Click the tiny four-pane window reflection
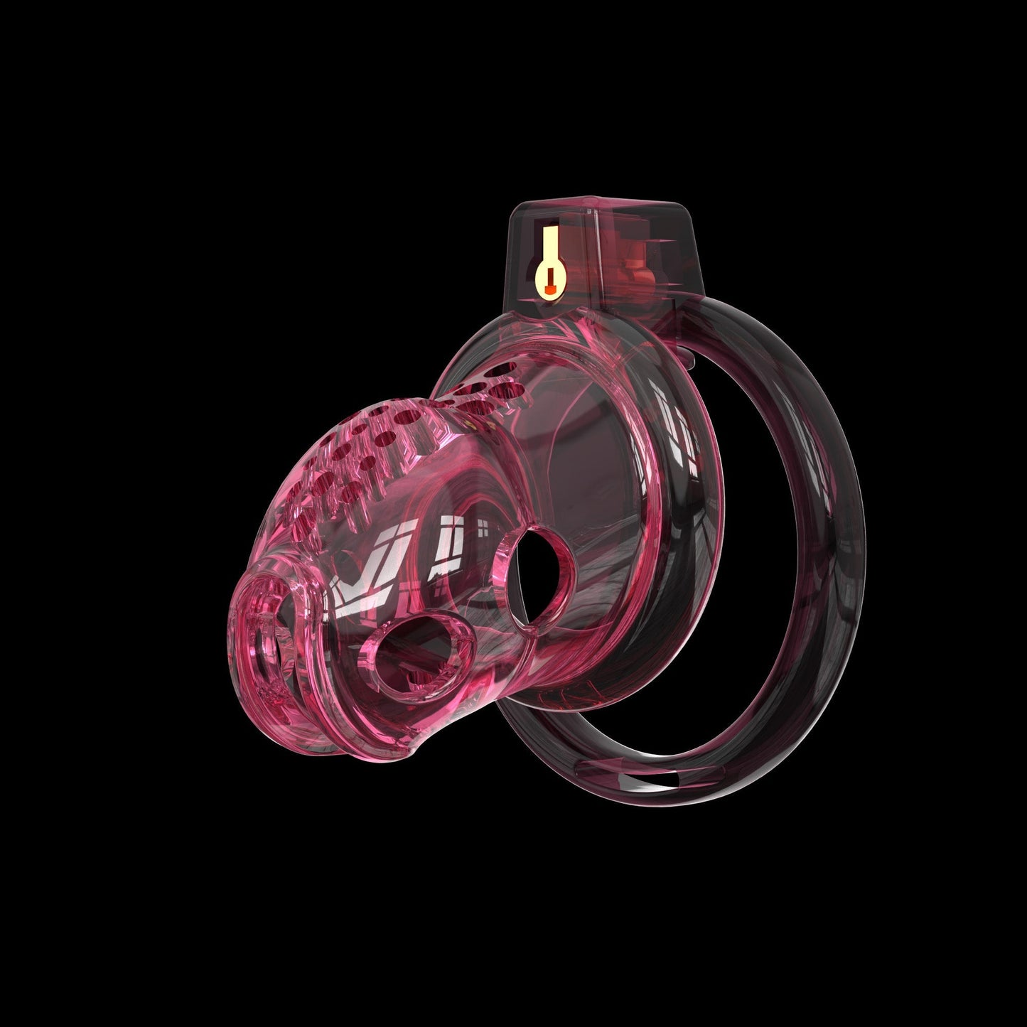point(483,529)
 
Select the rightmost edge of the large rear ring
point(865,540)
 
